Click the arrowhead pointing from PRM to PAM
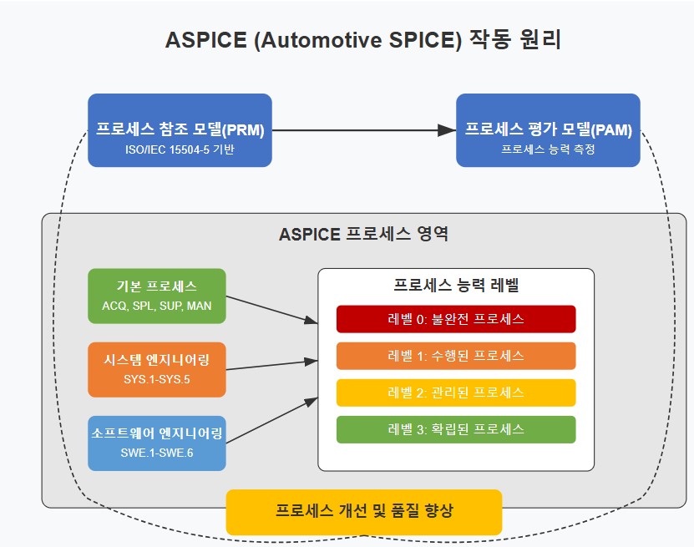coord(448,130)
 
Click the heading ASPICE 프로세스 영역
coord(363,234)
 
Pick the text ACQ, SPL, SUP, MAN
coord(157,306)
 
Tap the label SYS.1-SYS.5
coord(157,381)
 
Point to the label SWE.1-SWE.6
coord(157,454)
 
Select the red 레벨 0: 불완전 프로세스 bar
coord(456,319)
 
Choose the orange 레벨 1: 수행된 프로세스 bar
coord(456,356)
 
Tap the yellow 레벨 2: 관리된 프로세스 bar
coord(456,393)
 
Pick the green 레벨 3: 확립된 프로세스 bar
coord(456,429)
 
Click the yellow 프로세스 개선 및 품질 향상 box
coord(364,511)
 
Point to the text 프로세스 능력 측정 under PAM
coord(548,150)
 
